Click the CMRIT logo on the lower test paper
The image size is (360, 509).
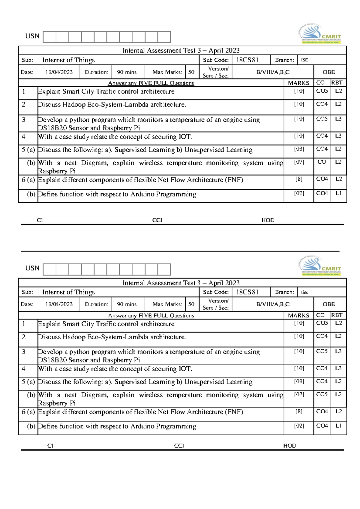click(320, 266)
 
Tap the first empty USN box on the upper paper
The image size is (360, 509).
click(50, 37)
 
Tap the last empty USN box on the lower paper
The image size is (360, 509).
click(164, 269)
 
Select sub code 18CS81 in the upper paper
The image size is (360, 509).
click(247, 60)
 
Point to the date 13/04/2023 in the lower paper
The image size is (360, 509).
click(59, 304)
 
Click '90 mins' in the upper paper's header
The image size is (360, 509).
click(127, 72)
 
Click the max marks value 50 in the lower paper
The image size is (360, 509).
click(191, 304)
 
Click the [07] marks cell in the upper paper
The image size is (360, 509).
click(299, 162)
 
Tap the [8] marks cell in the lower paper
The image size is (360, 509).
click(299, 412)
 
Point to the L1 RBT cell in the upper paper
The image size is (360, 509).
click(338, 193)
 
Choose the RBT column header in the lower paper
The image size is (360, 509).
click(337, 315)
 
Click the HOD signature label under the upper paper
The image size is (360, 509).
click(268, 220)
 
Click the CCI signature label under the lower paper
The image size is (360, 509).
click(179, 446)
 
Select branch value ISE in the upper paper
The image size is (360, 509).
click(304, 60)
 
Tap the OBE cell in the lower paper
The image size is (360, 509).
click(329, 304)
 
